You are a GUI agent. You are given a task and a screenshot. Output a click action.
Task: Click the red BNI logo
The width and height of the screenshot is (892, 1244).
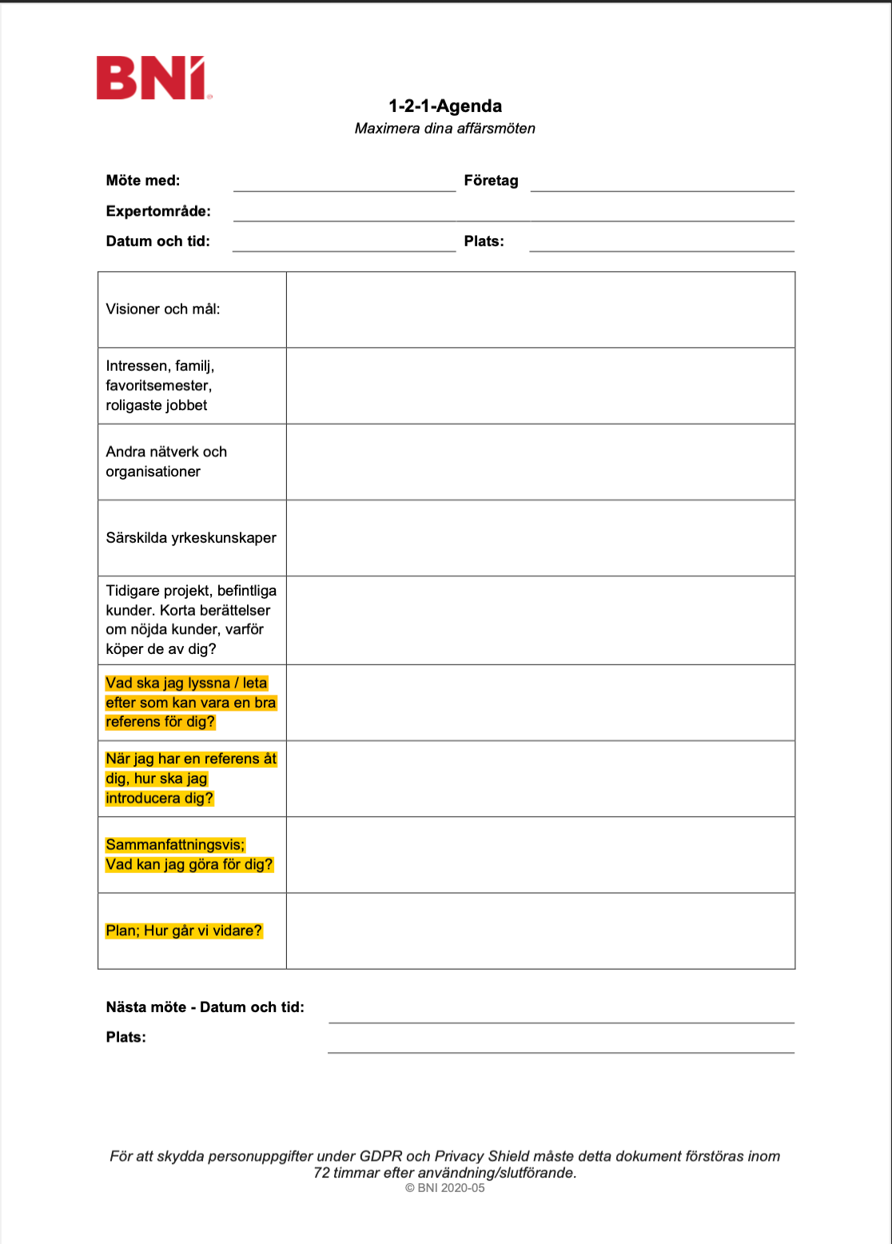pyautogui.click(x=151, y=78)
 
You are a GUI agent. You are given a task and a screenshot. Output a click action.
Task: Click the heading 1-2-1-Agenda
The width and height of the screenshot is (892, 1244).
pyautogui.click(x=445, y=106)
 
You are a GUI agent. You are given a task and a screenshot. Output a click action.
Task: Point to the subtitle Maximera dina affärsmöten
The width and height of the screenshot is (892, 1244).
pyautogui.click(x=445, y=128)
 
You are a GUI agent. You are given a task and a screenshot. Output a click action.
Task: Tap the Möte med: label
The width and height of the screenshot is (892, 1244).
pyautogui.click(x=143, y=181)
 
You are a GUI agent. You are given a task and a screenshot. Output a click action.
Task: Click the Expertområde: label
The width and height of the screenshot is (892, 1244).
pyautogui.click(x=158, y=211)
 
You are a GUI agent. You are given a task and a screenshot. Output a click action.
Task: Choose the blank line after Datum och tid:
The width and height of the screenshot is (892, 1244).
pyautogui.click(x=344, y=245)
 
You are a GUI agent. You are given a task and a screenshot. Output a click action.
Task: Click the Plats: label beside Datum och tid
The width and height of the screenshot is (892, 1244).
pyautogui.click(x=484, y=241)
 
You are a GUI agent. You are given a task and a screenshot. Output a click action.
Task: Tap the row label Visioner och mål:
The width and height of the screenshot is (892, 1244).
pyautogui.click(x=163, y=309)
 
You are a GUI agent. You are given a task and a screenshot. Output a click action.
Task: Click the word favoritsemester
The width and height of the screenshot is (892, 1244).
pyautogui.click(x=158, y=385)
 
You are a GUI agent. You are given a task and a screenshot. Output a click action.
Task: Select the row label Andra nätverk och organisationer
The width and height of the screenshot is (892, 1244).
pyautogui.click(x=166, y=461)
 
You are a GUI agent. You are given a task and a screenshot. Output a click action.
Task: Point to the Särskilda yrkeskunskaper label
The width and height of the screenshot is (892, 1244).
pyautogui.click(x=191, y=538)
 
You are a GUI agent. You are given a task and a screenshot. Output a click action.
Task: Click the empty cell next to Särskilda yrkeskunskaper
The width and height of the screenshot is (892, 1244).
pyautogui.click(x=540, y=538)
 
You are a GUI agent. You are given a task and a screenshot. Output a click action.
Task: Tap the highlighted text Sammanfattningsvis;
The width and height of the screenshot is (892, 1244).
pyautogui.click(x=175, y=845)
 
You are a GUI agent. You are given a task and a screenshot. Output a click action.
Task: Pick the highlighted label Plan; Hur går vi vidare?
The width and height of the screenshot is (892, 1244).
pyautogui.click(x=184, y=931)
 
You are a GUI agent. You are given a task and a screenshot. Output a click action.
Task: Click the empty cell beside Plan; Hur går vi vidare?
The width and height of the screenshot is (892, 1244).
pyautogui.click(x=540, y=931)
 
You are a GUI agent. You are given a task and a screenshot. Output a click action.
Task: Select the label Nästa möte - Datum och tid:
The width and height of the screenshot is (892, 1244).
pyautogui.click(x=205, y=1007)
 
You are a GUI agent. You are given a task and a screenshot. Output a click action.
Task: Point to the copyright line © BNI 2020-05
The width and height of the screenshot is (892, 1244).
pyautogui.click(x=445, y=1188)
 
